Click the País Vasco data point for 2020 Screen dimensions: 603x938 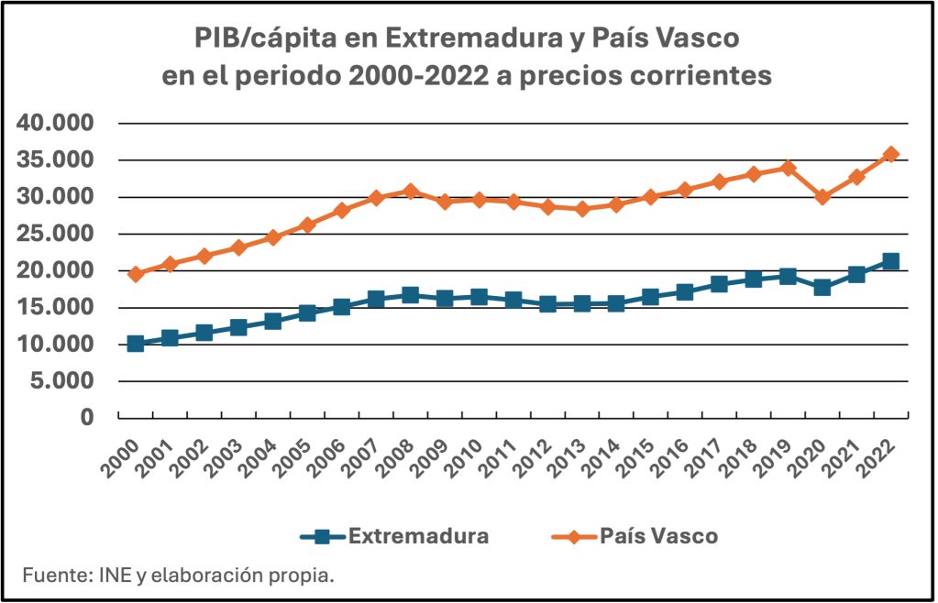[x=822, y=197]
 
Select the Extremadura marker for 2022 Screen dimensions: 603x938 [x=890, y=261]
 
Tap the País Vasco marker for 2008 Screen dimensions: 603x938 [x=410, y=192]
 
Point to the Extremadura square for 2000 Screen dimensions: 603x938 [x=136, y=344]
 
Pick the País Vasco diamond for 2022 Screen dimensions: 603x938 [x=890, y=154]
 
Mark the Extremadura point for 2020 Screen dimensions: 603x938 [x=822, y=287]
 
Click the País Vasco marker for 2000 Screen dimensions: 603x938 [x=136, y=274]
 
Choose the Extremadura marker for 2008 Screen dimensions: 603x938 [x=410, y=295]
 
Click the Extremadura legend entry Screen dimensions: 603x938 [x=394, y=536]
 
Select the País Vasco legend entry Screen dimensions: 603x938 [x=634, y=536]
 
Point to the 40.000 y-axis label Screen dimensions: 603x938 [x=55, y=124]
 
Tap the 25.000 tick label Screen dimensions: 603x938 [x=55, y=234]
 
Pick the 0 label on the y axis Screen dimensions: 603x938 [x=88, y=417]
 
